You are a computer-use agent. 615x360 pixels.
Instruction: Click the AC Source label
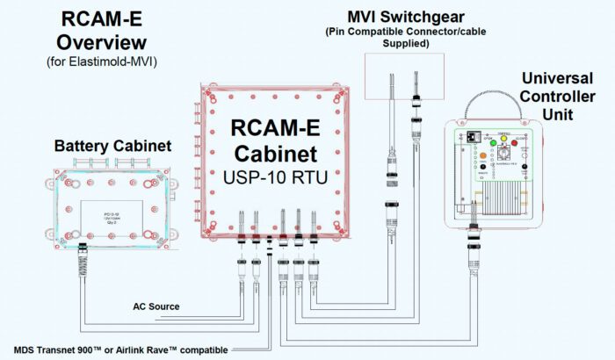(156, 306)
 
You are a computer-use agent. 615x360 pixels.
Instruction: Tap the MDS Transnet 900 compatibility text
(114, 350)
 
